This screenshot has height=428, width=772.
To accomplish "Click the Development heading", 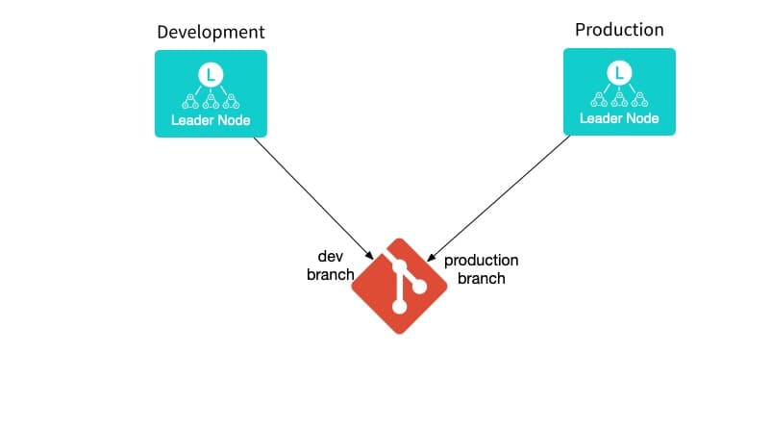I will pos(211,33).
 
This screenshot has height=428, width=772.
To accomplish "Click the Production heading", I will pos(619,30).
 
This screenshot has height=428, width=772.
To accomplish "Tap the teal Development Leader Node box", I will pos(211,93).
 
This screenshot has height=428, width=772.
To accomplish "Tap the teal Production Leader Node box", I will pos(619,91).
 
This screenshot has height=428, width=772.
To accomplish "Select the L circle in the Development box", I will pos(211,73).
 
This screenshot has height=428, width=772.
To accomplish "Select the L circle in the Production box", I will pos(619,71).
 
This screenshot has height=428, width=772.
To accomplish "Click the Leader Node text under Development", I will pos(211,121).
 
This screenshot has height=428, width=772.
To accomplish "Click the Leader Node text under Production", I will pos(619,119).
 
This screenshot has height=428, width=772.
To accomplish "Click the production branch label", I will pos(482,269).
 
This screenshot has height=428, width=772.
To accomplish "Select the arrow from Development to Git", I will pos(312,197).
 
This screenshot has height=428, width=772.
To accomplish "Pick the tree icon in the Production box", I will pos(619,96).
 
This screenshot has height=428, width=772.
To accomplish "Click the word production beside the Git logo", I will pos(482,261).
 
